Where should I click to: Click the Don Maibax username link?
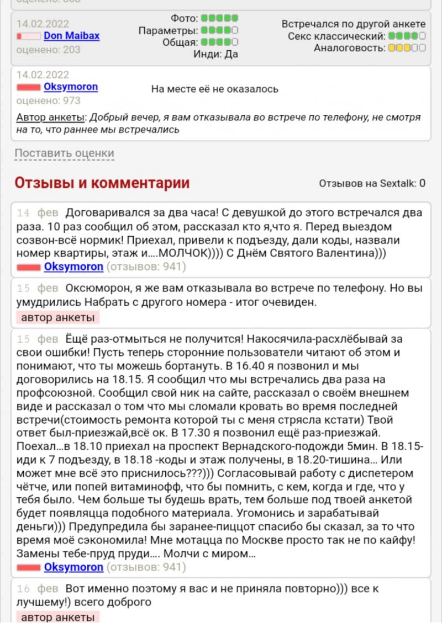71,36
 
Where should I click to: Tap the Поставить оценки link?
64,153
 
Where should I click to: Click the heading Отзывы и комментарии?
102,183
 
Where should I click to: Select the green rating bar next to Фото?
219,18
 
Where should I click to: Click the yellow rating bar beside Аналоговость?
407,48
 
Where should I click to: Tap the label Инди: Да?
215,54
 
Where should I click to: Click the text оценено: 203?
48,50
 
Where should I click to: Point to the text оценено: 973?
48,100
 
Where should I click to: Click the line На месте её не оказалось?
214,89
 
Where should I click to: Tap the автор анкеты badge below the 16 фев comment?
57,617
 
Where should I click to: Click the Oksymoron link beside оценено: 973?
71,87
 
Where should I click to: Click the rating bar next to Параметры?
219,30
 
